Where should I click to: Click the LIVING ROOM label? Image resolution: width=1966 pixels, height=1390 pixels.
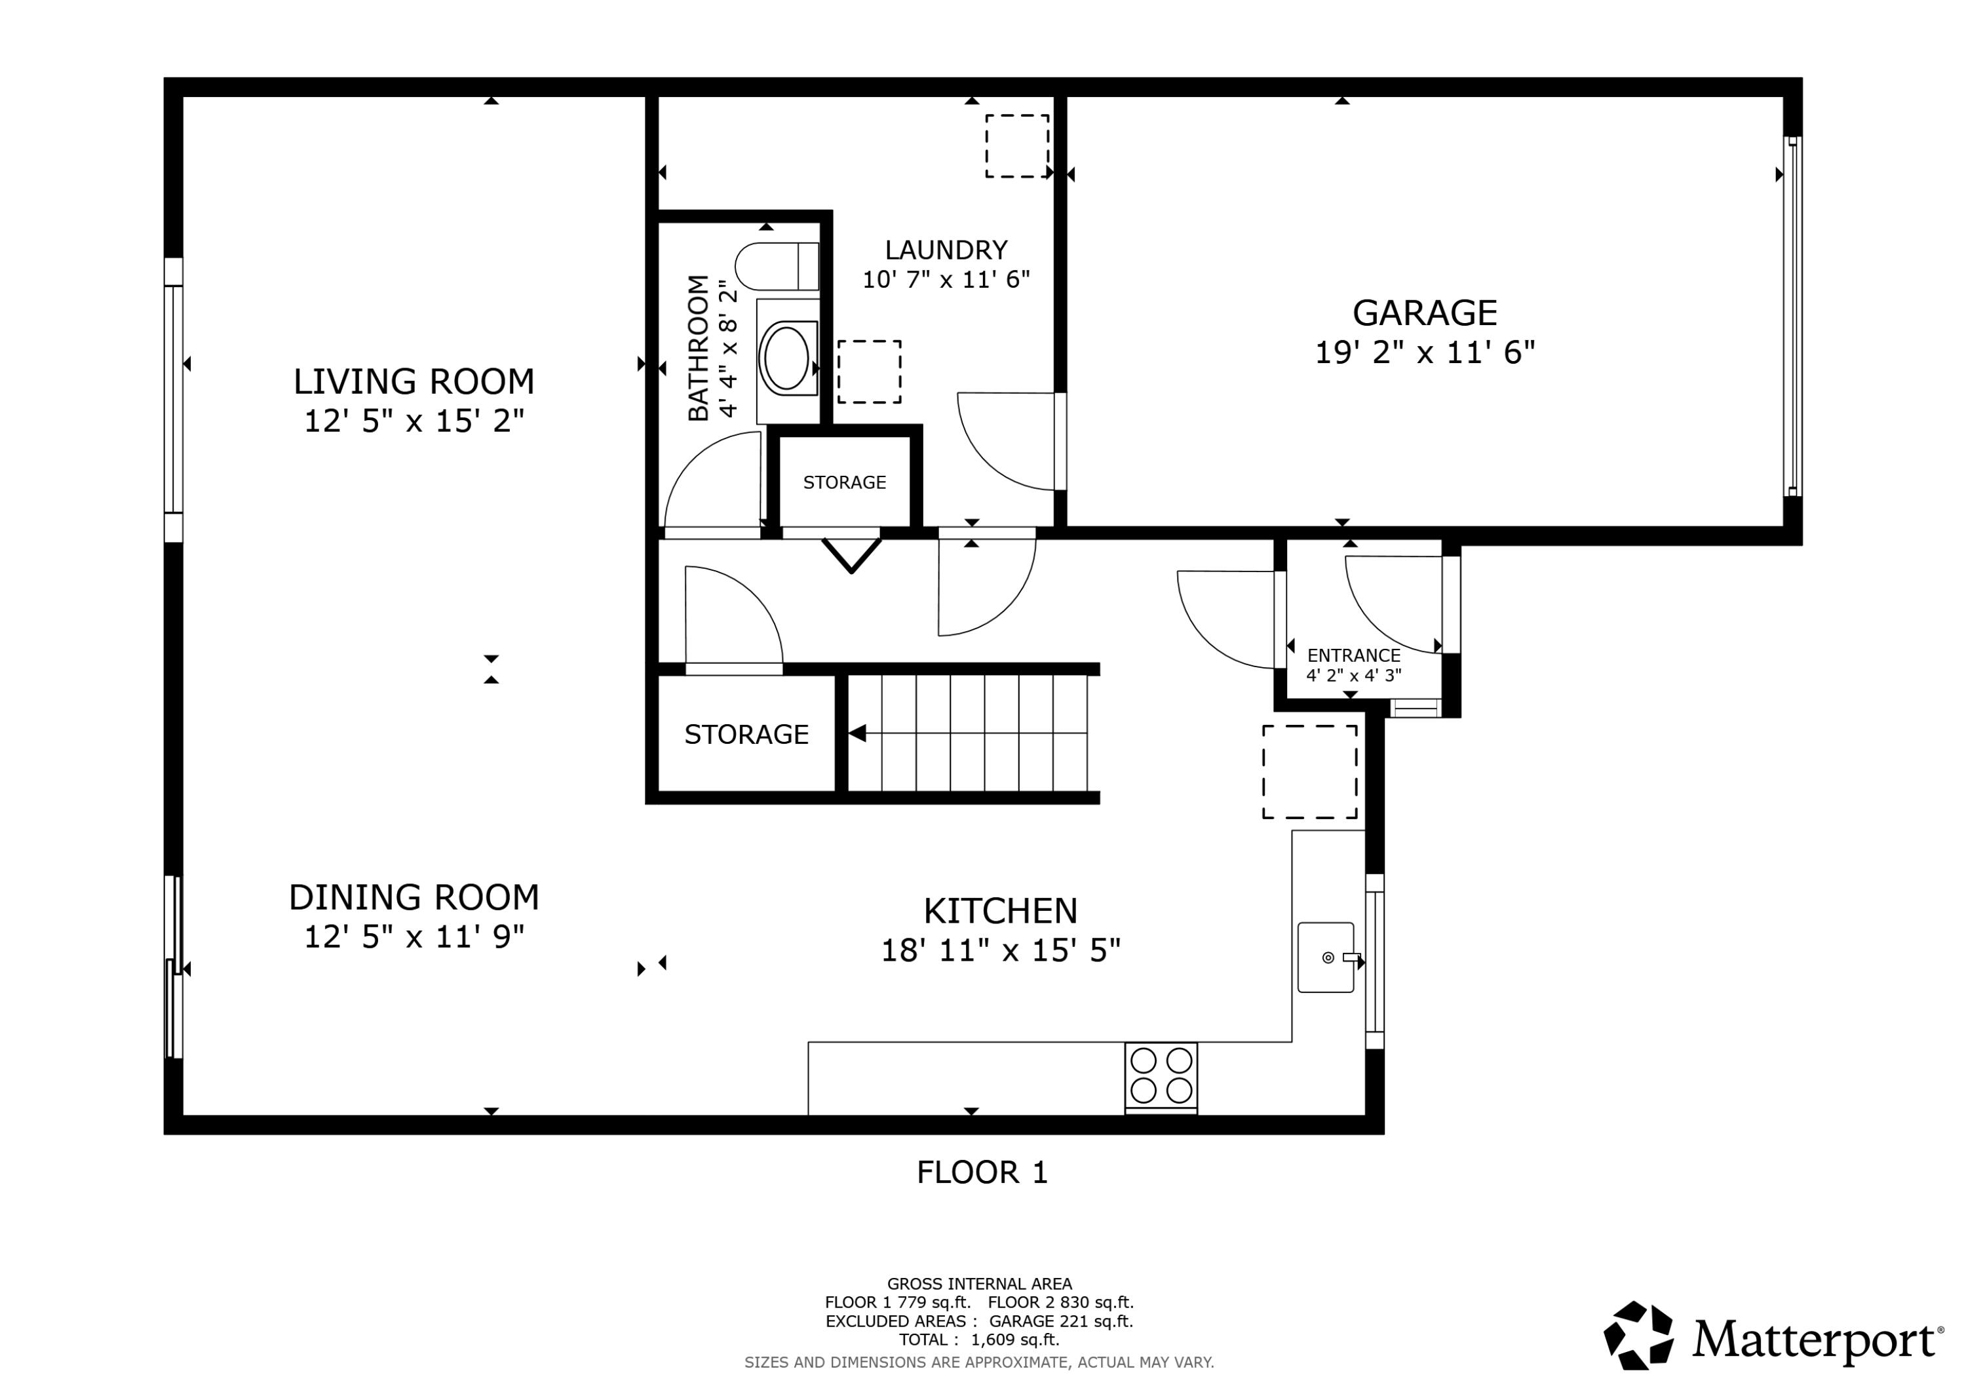414,381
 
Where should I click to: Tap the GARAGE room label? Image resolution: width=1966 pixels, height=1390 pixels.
1425,313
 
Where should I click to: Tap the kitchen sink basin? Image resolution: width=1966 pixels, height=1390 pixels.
1326,957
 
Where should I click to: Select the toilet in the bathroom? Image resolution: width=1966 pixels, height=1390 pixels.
777,266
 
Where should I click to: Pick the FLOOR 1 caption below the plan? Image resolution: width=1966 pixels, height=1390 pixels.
982,1172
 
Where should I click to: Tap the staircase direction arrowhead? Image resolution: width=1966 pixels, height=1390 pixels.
857,733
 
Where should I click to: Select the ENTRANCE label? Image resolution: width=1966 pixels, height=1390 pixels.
1354,655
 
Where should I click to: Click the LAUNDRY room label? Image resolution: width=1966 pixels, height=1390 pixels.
946,250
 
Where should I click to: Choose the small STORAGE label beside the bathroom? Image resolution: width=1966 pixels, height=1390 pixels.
844,482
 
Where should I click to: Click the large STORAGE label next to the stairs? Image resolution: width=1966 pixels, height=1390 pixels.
746,734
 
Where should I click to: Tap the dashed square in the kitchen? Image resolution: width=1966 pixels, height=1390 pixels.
1310,771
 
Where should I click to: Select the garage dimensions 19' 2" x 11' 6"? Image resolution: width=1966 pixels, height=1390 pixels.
1425,352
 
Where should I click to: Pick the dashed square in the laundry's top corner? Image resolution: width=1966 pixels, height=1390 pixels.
1017,146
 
